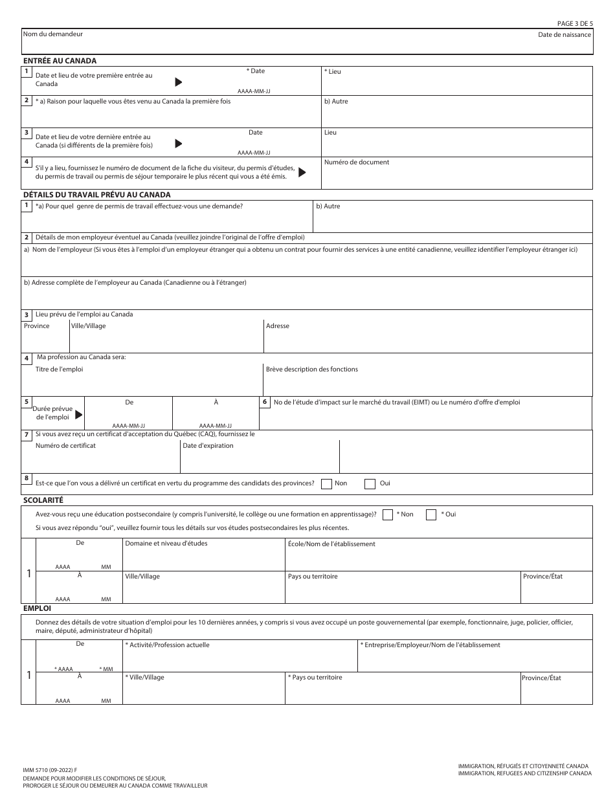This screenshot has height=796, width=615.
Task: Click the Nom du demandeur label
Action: tap(52, 34)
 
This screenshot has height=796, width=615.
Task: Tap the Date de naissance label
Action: tap(564, 34)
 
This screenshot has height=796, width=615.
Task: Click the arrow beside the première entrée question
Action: tap(179, 82)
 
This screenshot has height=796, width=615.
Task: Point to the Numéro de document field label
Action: tap(357, 162)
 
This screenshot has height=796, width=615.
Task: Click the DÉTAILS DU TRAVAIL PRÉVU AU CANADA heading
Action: tap(96, 194)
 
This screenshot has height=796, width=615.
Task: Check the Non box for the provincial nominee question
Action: tap(327, 483)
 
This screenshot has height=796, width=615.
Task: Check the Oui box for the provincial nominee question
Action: tap(370, 483)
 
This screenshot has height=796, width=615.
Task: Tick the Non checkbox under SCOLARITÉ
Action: tap(388, 514)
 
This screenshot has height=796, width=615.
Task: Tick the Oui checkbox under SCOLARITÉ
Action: tap(431, 514)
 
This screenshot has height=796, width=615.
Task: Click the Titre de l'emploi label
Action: tap(59, 370)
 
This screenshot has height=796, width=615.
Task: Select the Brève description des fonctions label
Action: tap(311, 370)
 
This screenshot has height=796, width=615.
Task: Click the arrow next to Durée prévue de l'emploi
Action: tap(79, 415)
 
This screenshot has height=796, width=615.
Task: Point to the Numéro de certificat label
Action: tap(65, 446)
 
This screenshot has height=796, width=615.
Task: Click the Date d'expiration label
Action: tap(208, 446)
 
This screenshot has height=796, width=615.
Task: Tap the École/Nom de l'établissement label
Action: tap(331, 544)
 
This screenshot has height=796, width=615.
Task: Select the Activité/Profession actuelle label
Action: tap(167, 645)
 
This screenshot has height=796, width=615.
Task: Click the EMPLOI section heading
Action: tap(37, 608)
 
